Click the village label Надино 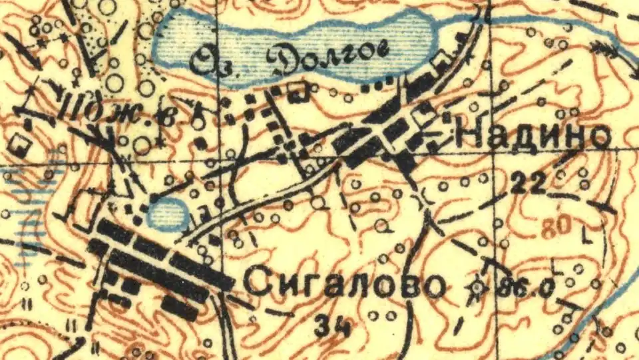[533, 136]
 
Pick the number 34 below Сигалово [332, 326]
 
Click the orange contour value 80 [556, 226]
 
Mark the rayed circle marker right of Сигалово [477, 287]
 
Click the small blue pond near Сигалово [166, 214]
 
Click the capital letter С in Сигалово [256, 285]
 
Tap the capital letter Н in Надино [468, 137]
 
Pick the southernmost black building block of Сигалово [180, 307]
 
